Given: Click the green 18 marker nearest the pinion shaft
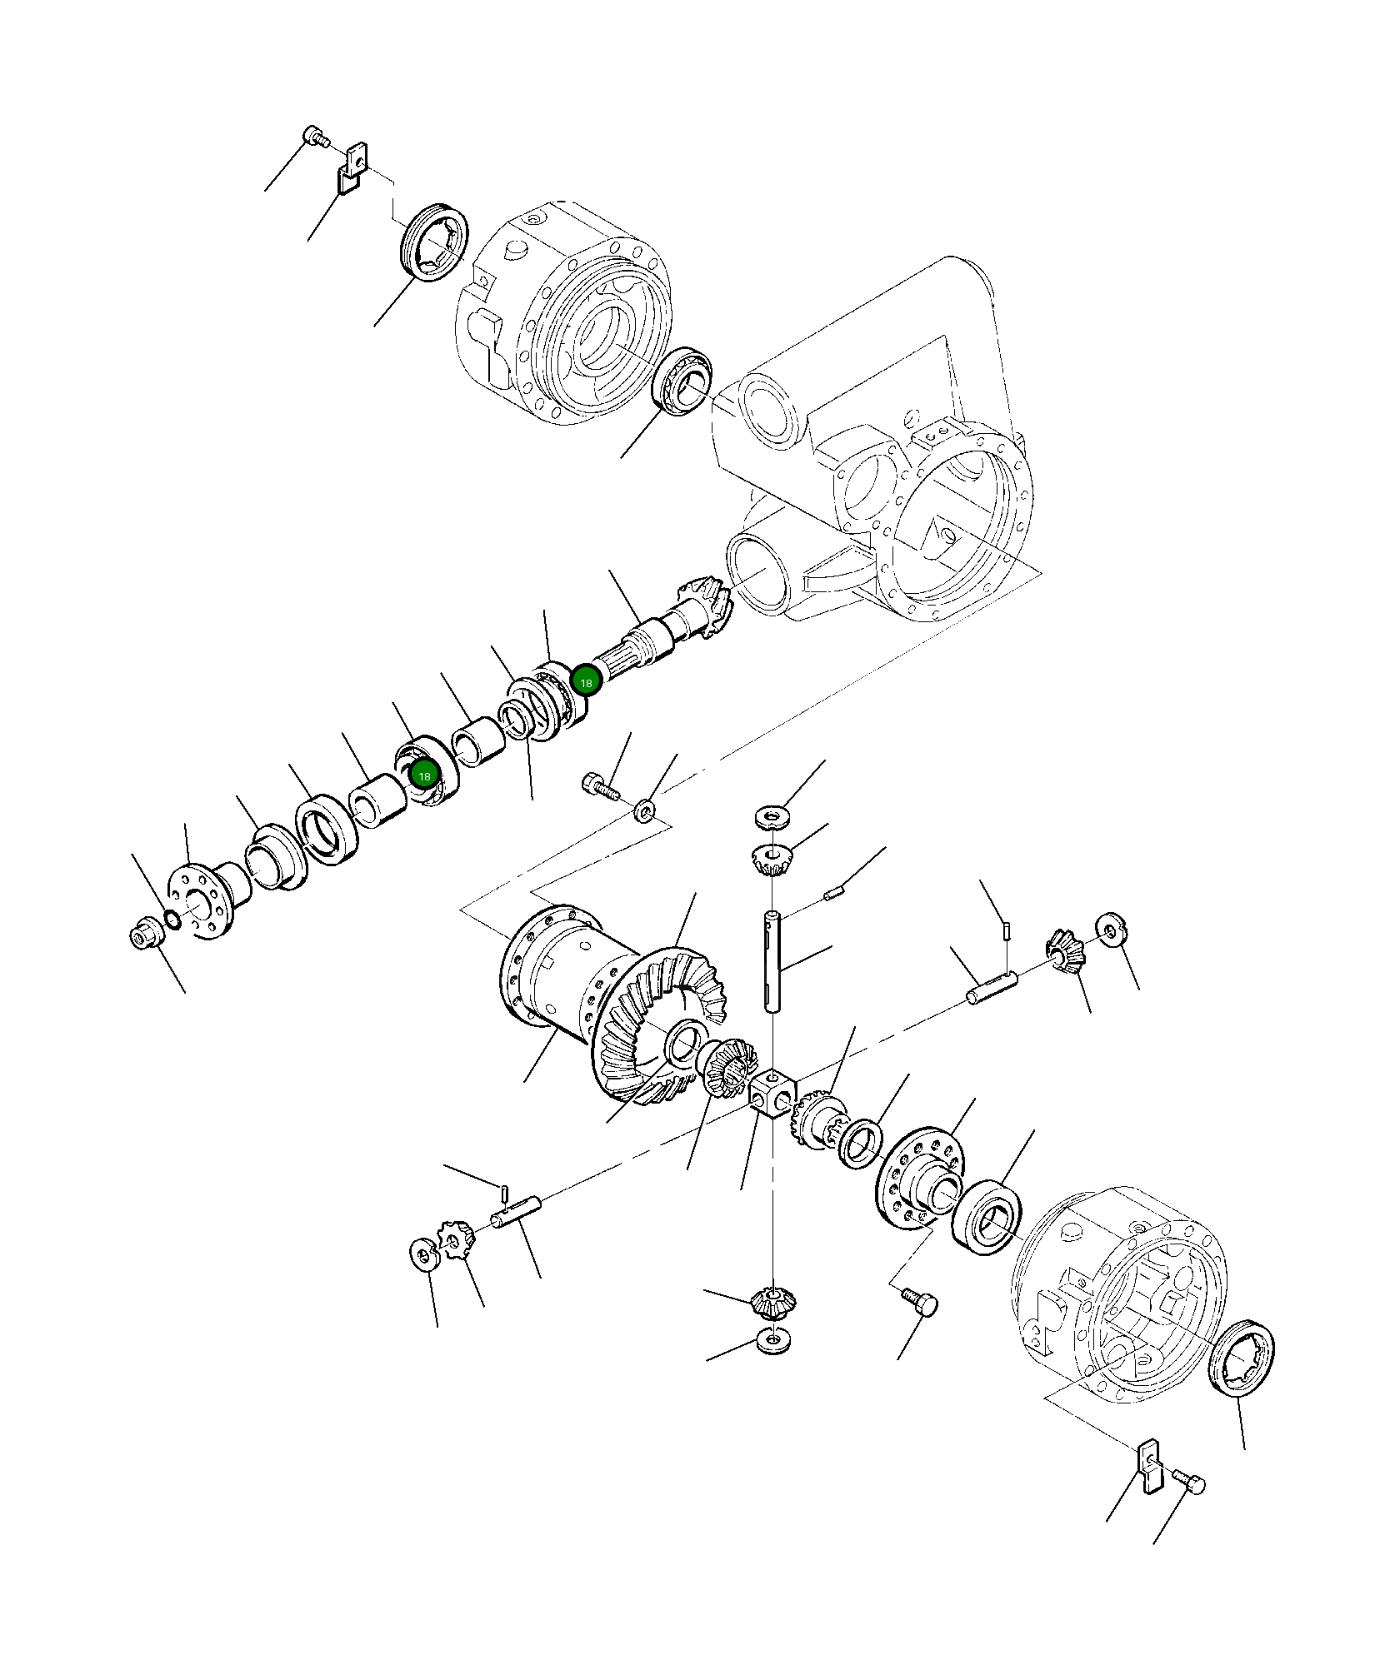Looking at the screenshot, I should click(x=586, y=683).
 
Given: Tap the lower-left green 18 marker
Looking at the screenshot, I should click(x=424, y=775).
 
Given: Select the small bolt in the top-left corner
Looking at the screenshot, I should click(x=314, y=136).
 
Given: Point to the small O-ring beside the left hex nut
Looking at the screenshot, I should click(x=172, y=920).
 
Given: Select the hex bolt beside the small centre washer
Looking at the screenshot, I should click(x=599, y=784).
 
